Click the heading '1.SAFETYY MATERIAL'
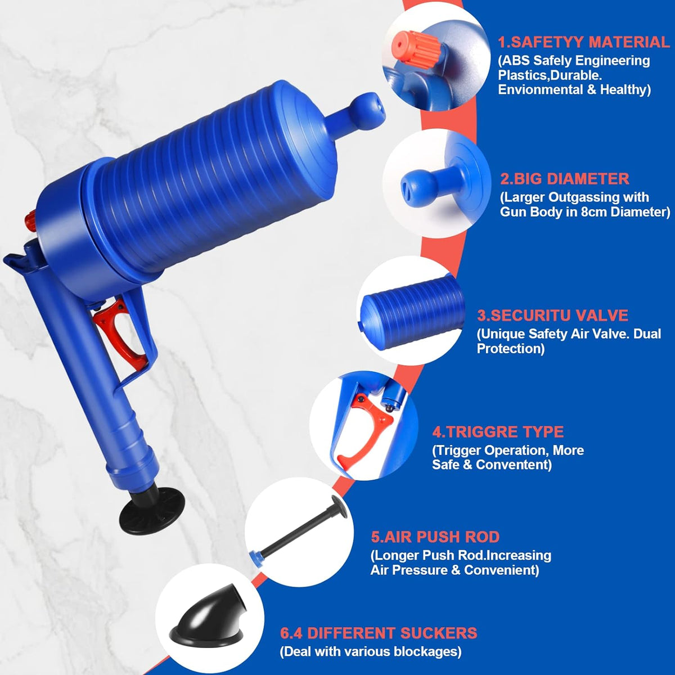pos(583,42)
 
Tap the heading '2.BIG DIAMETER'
pos(565,179)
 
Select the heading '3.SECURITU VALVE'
pos(552,316)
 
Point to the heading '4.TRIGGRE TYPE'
pos(498,432)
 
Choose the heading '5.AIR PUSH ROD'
pos(435,537)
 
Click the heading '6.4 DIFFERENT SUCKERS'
pos(379,633)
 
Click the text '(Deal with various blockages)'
pos(371,652)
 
